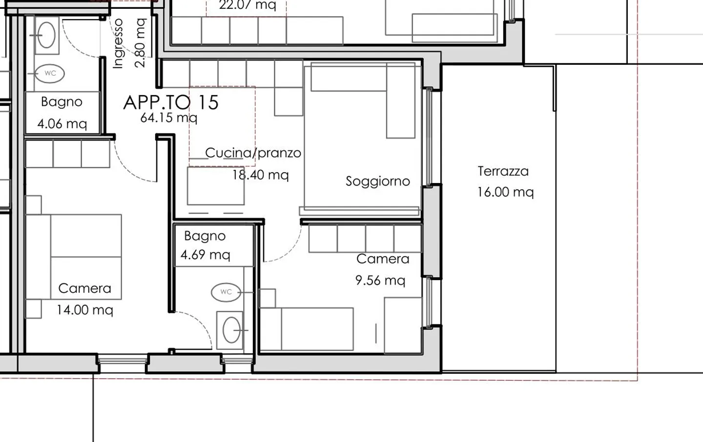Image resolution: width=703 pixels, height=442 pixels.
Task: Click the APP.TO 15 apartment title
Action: point(171,102)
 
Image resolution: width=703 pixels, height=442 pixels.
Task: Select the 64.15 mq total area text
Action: point(168,118)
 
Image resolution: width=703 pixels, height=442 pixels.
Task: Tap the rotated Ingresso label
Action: point(118,44)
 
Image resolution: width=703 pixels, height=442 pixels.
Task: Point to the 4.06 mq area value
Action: point(62,124)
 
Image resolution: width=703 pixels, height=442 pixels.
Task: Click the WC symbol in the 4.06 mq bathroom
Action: point(50,74)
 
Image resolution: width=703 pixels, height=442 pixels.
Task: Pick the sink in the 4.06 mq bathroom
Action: point(47,36)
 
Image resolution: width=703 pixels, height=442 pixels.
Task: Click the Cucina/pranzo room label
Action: point(253,153)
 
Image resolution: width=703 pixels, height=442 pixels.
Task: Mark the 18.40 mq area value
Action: point(261,175)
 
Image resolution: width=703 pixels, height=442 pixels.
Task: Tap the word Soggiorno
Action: point(377,181)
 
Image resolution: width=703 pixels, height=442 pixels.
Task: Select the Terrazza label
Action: point(503,171)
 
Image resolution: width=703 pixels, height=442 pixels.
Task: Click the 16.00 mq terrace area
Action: point(505,192)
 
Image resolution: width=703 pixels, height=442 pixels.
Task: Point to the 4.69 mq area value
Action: point(205,255)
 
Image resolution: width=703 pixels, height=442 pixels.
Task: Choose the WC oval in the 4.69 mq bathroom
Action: point(226,292)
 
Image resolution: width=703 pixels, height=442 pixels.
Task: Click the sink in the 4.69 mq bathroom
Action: point(231,330)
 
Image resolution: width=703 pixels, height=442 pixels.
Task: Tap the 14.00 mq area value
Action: point(85,310)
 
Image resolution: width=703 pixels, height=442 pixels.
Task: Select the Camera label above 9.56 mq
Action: point(383,259)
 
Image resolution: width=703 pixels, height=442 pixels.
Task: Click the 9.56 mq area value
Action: point(380,281)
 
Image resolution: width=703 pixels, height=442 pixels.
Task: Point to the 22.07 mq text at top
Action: point(247,5)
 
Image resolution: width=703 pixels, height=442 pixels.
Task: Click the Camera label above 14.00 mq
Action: point(84,288)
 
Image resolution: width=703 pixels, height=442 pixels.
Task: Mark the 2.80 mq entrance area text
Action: point(140,43)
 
